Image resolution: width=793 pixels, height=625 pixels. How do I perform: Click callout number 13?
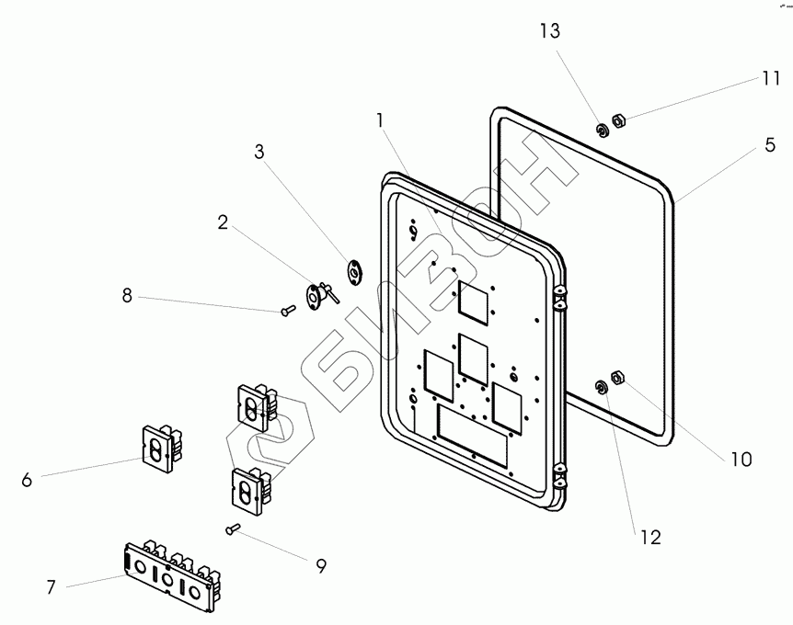(x=549, y=32)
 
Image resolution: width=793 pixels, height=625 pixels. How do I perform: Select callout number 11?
(x=770, y=79)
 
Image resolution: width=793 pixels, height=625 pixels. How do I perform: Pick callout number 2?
(x=222, y=222)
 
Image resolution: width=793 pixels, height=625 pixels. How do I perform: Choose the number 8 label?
(x=127, y=296)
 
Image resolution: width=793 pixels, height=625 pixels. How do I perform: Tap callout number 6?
(x=26, y=479)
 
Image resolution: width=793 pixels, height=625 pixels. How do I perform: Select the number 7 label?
(x=51, y=585)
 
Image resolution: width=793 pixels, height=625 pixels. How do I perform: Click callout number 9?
(x=320, y=566)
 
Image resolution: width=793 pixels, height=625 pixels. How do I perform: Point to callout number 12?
(x=650, y=538)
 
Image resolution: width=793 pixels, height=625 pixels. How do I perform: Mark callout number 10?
(x=741, y=458)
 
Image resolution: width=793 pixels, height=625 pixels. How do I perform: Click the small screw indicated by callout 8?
(x=287, y=311)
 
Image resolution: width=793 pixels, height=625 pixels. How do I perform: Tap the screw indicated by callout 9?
(x=232, y=528)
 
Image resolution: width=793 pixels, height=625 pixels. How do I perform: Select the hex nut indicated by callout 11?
(x=619, y=120)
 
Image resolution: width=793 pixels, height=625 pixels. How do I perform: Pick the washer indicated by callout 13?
(x=602, y=130)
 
